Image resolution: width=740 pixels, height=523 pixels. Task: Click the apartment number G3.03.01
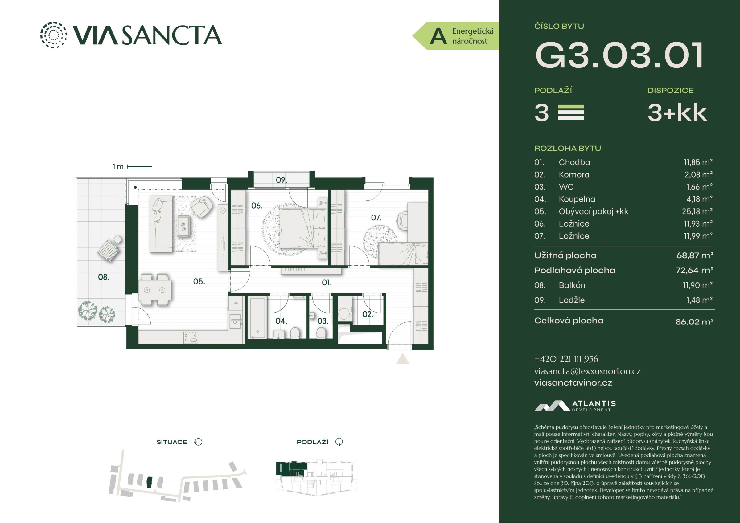click(x=619, y=55)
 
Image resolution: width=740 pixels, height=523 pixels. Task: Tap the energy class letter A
click(x=438, y=36)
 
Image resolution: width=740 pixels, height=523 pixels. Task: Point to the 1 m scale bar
click(x=140, y=167)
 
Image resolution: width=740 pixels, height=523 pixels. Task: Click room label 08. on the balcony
click(x=104, y=277)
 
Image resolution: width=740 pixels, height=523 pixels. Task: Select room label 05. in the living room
click(x=199, y=281)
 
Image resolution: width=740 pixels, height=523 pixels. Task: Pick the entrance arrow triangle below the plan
click(x=403, y=359)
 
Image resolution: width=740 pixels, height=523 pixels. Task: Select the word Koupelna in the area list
click(x=577, y=199)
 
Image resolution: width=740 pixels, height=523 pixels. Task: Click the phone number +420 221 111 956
click(x=566, y=359)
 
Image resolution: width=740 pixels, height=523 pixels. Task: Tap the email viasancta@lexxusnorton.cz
click(x=587, y=371)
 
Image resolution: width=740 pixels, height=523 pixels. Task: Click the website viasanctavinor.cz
click(x=573, y=383)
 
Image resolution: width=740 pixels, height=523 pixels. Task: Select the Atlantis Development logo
click(x=575, y=406)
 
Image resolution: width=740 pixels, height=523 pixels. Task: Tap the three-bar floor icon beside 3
click(x=571, y=112)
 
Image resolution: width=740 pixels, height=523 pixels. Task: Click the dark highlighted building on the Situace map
click(x=149, y=482)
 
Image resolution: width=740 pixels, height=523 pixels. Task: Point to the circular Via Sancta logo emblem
click(x=54, y=35)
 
